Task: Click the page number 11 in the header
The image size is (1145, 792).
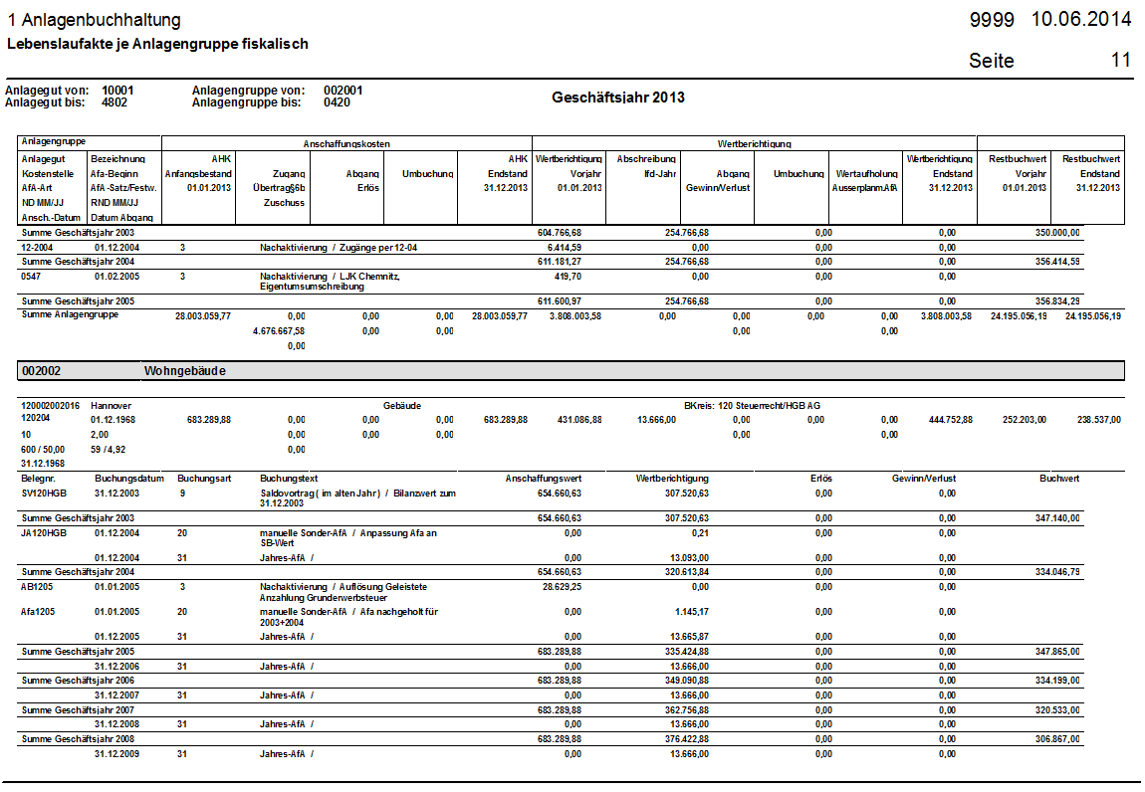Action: tap(1121, 60)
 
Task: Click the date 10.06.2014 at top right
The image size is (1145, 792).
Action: tap(1081, 20)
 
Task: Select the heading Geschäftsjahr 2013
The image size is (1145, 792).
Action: tap(617, 98)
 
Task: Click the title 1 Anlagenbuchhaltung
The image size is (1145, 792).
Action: tap(95, 21)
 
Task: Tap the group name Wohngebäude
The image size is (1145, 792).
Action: tap(185, 371)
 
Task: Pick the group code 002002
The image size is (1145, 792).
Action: tap(43, 371)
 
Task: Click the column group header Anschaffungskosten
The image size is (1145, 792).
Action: tap(346, 143)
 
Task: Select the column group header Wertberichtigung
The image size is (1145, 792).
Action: tap(754, 143)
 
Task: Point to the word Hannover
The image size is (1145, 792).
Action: tap(111, 406)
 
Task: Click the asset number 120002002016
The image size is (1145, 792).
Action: tap(50, 406)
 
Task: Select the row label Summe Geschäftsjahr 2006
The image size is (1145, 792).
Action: tap(78, 680)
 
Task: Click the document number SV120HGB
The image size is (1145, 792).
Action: tap(44, 493)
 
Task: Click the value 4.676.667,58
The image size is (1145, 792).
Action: tap(279, 330)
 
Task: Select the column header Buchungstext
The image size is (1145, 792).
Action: tap(289, 479)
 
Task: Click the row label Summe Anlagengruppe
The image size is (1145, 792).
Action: tap(70, 314)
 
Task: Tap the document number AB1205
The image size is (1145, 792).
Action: tap(39, 587)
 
